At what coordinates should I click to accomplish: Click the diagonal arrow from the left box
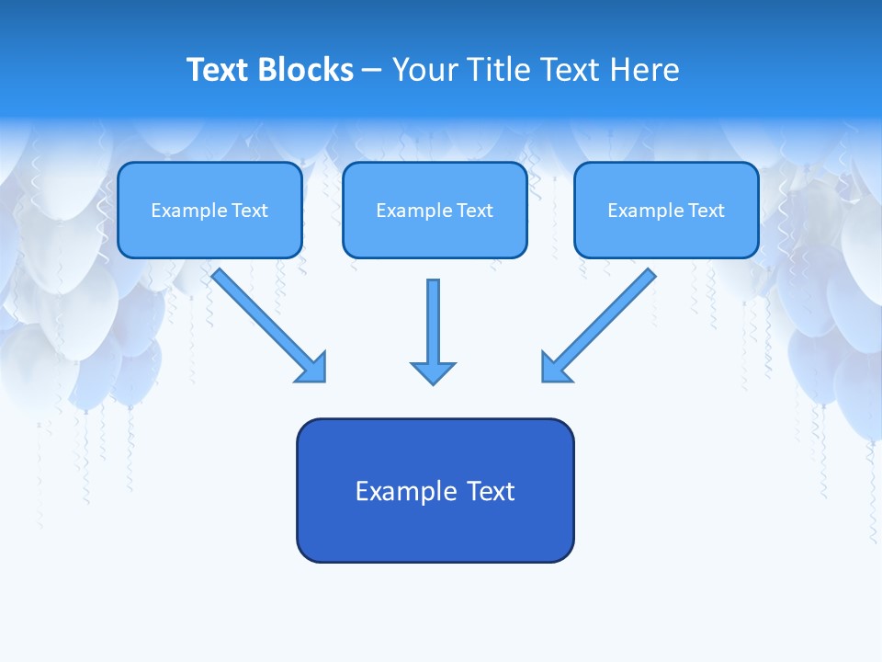pos(262,317)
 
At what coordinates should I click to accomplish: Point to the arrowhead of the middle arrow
pos(433,372)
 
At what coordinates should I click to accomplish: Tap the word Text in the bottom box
pos(492,492)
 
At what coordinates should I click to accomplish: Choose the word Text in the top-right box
pos(706,211)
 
